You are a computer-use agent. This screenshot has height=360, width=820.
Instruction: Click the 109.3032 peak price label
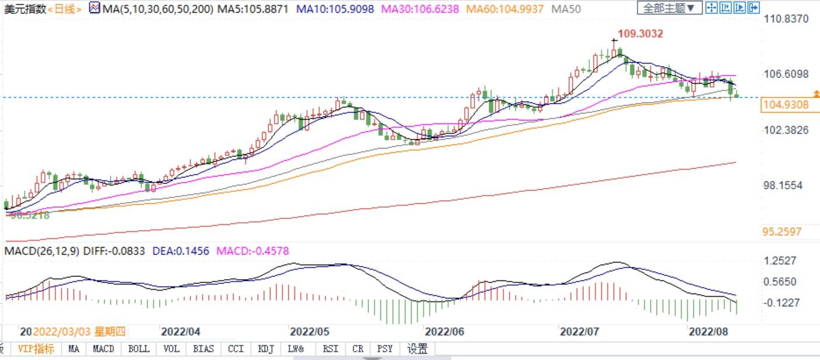coord(640,34)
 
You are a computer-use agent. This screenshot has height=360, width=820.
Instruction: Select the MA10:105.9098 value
coord(335,9)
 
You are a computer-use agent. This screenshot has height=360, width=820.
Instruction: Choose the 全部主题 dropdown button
coord(670,8)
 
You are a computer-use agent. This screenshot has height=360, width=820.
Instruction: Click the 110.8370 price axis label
coord(787,19)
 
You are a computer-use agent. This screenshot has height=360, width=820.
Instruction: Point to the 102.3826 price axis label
coord(787,130)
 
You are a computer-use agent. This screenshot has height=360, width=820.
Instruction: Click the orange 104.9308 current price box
coord(785,105)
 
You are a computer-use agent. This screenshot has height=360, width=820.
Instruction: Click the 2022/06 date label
coord(445,332)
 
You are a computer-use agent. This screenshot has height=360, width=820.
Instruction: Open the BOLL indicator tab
coord(139,349)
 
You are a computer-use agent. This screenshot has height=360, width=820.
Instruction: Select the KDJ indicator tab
coord(266,349)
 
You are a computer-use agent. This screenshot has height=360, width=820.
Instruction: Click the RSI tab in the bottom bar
coord(330,349)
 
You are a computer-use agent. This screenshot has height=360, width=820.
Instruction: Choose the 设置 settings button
coord(417,349)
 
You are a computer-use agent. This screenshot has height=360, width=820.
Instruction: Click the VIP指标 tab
coord(36,349)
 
